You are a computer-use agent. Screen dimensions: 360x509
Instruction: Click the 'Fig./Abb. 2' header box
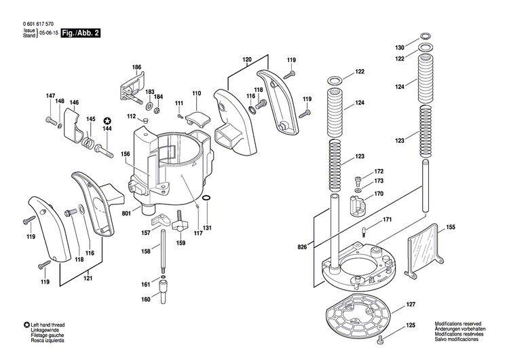pyautogui.click(x=80, y=31)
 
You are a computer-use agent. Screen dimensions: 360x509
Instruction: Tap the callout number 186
pyautogui.click(x=136, y=67)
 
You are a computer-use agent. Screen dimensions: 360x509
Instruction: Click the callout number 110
pyautogui.click(x=196, y=93)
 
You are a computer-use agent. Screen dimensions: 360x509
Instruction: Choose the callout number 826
pyautogui.click(x=302, y=245)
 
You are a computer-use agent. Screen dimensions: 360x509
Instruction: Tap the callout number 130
pyautogui.click(x=400, y=48)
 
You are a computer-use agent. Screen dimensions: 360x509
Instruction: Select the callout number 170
pyautogui.click(x=379, y=194)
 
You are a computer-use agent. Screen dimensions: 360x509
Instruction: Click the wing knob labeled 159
pyautogui.click(x=181, y=223)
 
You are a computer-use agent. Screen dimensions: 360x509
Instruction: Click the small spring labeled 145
pyautogui.click(x=87, y=142)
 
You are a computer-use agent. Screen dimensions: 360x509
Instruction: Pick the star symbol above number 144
pyautogui.click(x=107, y=120)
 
